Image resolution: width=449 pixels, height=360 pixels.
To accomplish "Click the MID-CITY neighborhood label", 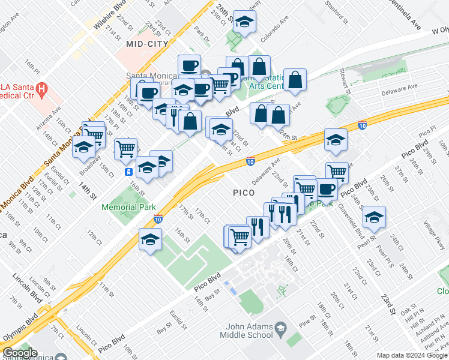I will [145, 44].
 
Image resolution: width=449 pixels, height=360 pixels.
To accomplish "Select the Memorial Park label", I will [128, 207].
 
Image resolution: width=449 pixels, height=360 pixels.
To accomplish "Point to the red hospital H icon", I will [41, 90].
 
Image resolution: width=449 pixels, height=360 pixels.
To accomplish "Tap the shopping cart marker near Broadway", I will [125, 148].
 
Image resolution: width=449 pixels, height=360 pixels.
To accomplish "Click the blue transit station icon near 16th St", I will [129, 172].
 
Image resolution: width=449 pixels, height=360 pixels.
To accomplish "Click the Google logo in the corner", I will [19, 353].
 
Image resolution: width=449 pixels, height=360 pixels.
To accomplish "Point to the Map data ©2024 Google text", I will [411, 355].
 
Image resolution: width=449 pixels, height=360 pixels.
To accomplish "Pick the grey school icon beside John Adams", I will [280, 328].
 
